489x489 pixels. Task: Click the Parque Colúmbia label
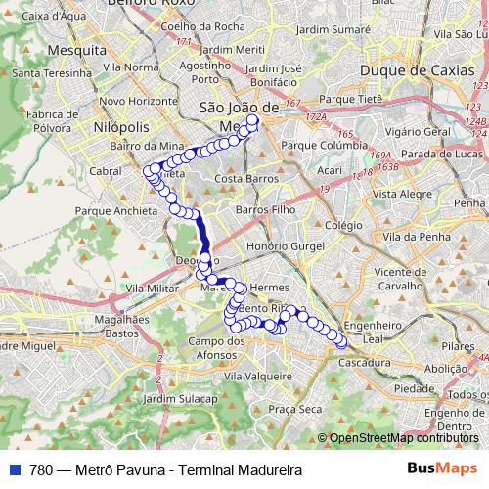pyautogui.click(x=323, y=146)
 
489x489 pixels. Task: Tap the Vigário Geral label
pyautogui.click(x=417, y=130)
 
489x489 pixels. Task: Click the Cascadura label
pyautogui.click(x=366, y=362)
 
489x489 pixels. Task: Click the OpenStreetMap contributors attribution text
pyautogui.click(x=404, y=438)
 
